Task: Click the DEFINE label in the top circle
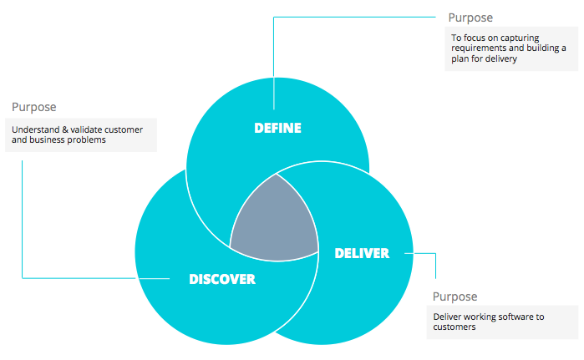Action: (277, 129)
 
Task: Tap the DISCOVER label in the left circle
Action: (221, 279)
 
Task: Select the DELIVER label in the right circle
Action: (362, 253)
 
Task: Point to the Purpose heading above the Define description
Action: (470, 18)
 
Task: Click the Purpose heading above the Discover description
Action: (34, 108)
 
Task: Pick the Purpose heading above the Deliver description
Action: (455, 297)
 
